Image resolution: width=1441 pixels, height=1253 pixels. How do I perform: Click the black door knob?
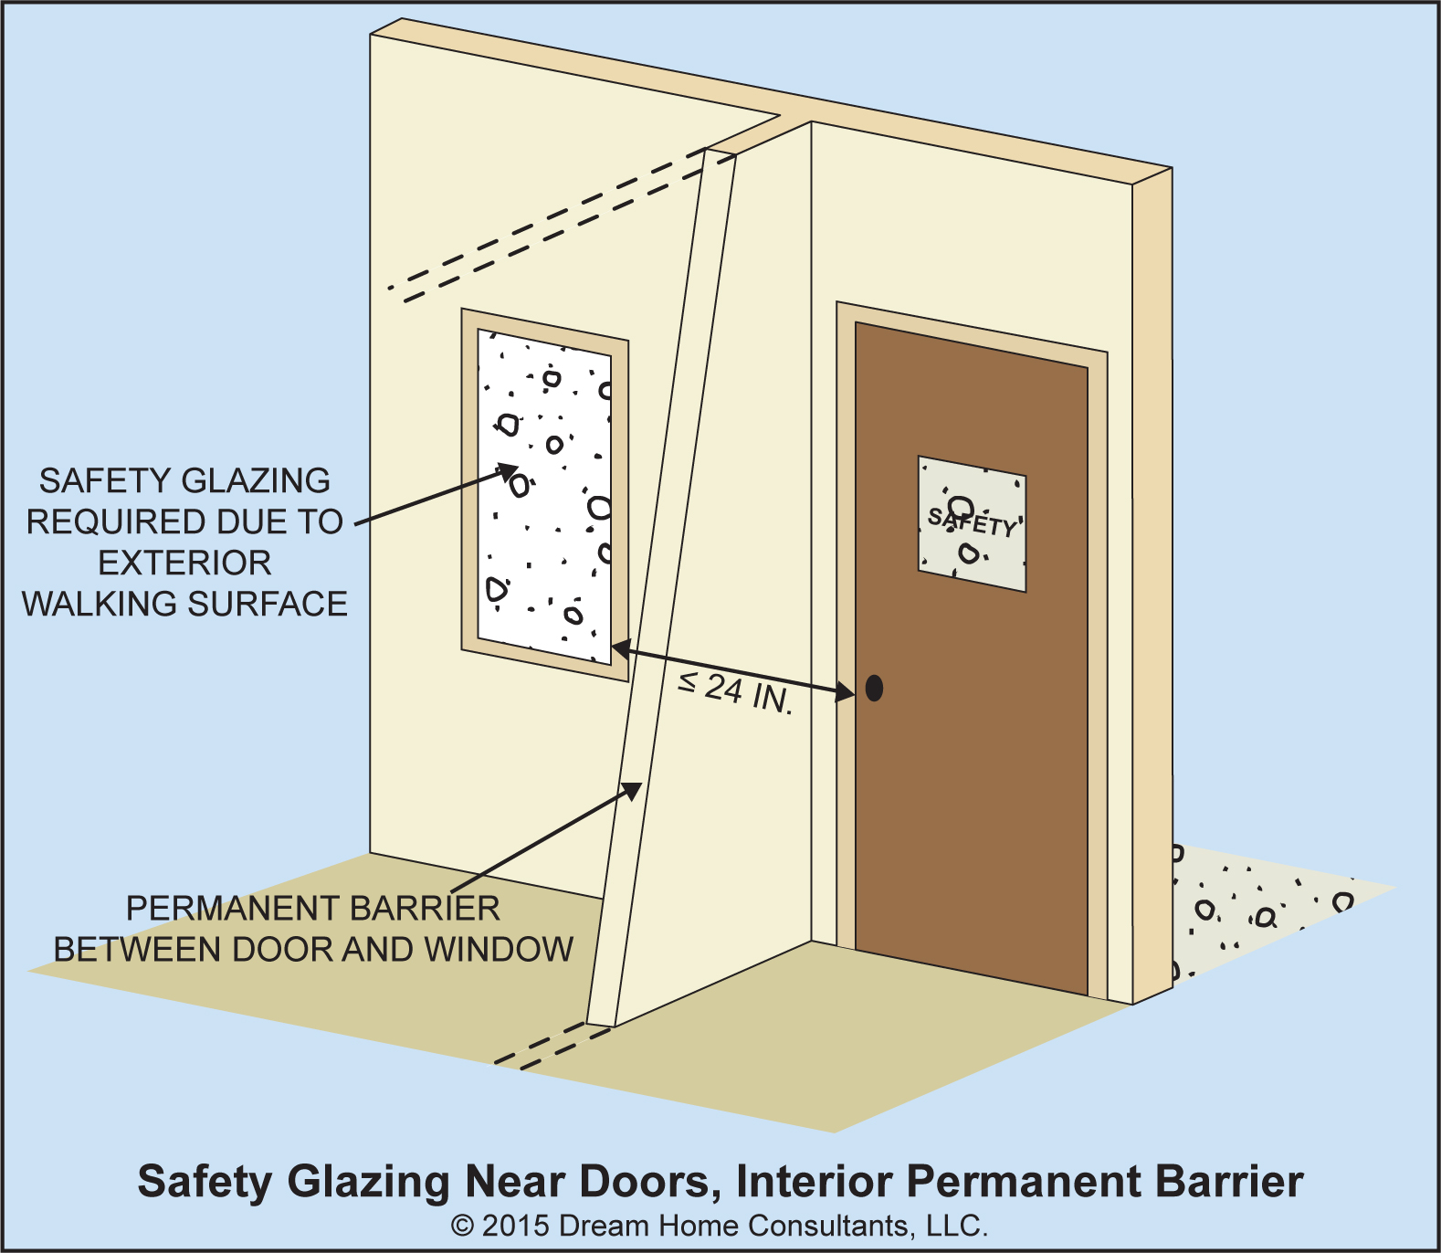874,688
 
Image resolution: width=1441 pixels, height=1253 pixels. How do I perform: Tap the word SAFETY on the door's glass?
972,521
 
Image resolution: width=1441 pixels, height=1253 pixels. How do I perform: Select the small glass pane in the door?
972,557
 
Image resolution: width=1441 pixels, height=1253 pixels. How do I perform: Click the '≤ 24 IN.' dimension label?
735,691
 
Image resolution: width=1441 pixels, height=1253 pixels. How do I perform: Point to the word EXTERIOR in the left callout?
184,563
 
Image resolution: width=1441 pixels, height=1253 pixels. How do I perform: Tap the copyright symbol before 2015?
463,1226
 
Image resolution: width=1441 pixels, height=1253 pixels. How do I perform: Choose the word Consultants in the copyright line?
834,1226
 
